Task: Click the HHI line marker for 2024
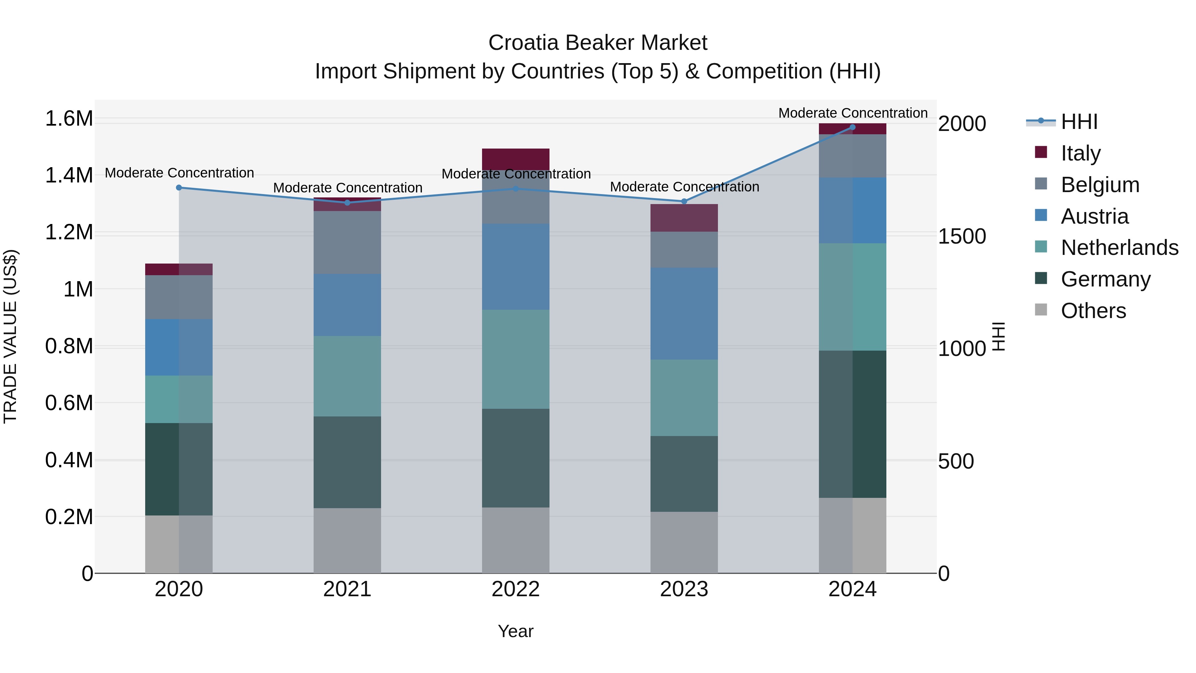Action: [x=852, y=127]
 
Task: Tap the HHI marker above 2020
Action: [x=179, y=188]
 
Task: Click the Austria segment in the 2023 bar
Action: [x=684, y=313]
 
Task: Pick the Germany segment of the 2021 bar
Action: [x=347, y=462]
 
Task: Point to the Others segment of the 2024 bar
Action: [x=852, y=535]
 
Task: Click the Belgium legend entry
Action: [x=1099, y=185]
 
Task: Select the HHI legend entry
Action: [x=1078, y=122]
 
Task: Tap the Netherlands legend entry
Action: [x=1119, y=248]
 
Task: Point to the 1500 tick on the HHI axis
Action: [x=961, y=236]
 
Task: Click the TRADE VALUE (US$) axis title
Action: [x=11, y=336]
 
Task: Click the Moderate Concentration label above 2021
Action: [x=347, y=188]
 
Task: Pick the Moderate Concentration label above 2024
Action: [x=852, y=113]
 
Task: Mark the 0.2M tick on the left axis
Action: [x=69, y=517]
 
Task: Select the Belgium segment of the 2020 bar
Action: [x=179, y=297]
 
